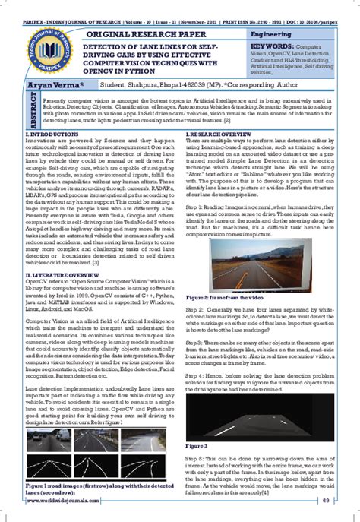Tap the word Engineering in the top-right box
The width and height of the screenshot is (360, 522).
tap(272, 35)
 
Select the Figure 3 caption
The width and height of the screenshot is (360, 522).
tap(197, 444)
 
